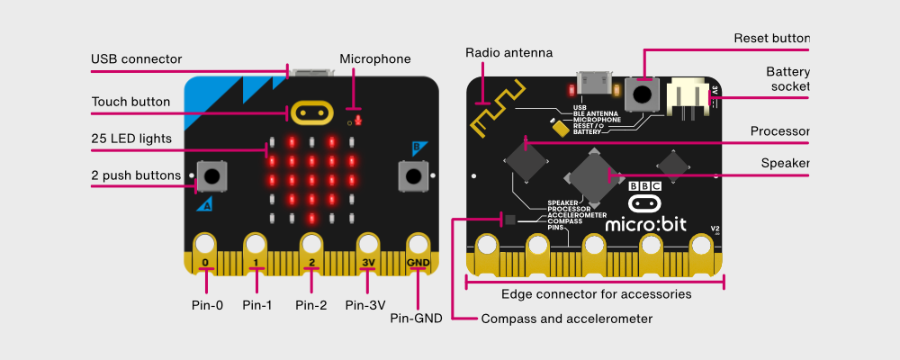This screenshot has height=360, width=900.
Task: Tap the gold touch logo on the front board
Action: (x=310, y=112)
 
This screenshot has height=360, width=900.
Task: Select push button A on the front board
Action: (x=211, y=175)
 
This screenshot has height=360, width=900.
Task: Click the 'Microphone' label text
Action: (x=374, y=59)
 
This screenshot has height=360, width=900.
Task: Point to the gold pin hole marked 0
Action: (x=206, y=244)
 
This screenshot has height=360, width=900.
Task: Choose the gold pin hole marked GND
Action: (x=418, y=244)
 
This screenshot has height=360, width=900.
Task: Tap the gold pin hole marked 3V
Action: (x=367, y=244)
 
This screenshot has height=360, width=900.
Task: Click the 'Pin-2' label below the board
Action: (x=311, y=305)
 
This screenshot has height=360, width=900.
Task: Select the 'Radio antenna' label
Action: (x=508, y=53)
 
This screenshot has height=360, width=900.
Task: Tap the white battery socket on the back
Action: (x=689, y=96)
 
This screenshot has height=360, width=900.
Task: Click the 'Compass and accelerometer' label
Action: (x=567, y=319)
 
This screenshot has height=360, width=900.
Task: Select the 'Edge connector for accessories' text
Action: (x=596, y=293)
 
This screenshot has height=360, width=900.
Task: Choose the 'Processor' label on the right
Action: (x=780, y=131)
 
